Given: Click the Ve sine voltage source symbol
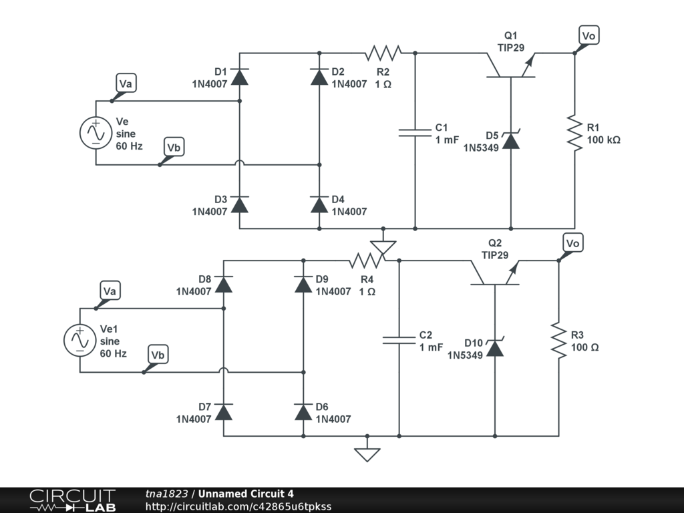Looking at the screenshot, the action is click(96, 133).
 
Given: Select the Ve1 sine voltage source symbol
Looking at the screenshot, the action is click(80, 340).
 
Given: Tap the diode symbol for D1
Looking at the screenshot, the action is click(240, 77).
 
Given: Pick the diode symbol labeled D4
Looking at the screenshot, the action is click(319, 204).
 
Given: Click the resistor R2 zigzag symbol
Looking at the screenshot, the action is click(383, 53).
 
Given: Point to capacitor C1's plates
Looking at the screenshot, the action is click(415, 133).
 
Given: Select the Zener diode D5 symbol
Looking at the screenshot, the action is click(511, 140).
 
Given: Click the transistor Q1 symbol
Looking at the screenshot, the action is click(511, 65).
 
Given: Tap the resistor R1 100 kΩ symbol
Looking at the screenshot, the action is click(575, 133).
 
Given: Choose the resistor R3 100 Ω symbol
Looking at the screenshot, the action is click(559, 340).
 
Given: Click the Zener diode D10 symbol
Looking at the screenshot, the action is click(495, 347).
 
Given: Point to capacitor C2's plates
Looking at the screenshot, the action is click(399, 340).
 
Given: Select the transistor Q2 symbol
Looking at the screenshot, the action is click(495, 273).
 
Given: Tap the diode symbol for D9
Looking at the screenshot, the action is click(304, 285).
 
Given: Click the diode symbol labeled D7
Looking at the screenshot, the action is click(224, 412).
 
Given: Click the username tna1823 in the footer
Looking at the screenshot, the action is click(166, 494).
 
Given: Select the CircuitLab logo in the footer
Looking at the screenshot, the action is click(73, 500).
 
